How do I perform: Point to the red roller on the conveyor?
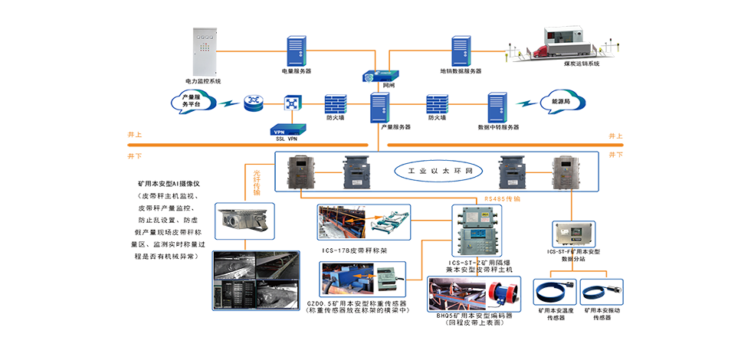503,296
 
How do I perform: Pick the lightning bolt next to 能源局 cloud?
524,103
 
